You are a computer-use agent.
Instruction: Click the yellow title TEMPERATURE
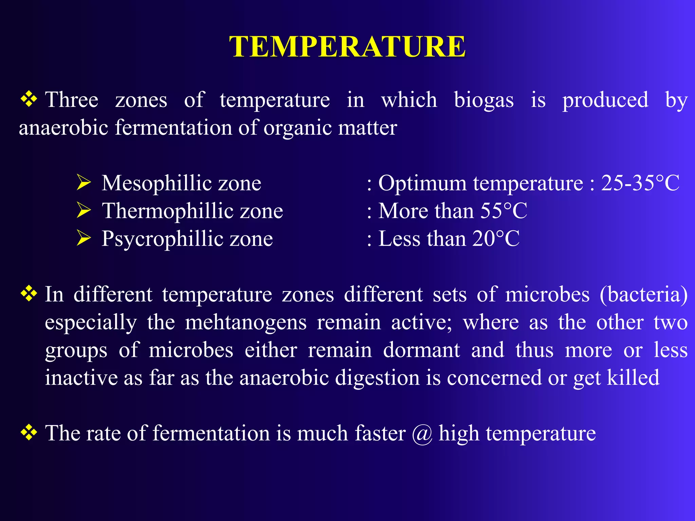point(347,46)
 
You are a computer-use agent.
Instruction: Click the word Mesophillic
point(156,184)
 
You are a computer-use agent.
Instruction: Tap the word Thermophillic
point(167,211)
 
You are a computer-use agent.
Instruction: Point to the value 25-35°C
point(640,183)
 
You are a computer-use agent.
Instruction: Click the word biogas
point(484,100)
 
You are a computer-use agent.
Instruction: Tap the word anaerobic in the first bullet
point(63,128)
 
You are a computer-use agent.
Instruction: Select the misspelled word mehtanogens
point(246,323)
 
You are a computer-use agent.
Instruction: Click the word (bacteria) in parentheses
point(643,294)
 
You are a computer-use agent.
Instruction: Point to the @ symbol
point(422,434)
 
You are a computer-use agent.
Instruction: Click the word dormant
point(421,350)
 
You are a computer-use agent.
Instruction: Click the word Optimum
point(422,184)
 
